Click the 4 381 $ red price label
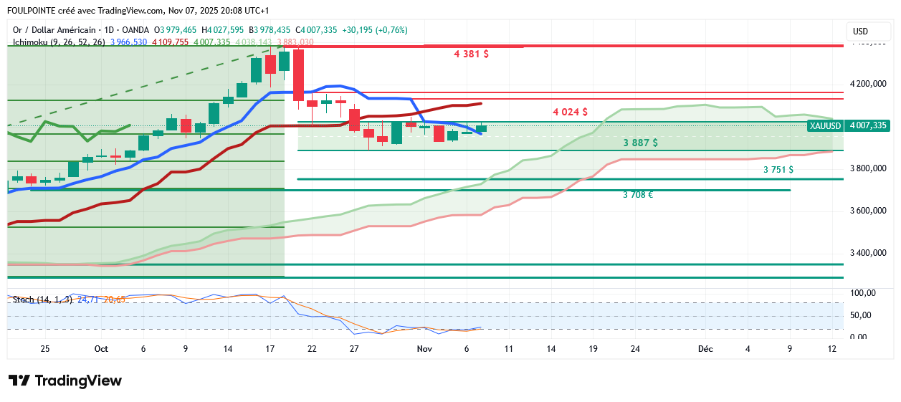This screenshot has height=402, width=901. click(x=471, y=54)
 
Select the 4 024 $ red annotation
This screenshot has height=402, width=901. click(x=570, y=112)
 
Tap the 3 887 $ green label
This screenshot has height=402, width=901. click(x=640, y=143)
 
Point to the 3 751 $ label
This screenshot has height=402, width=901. click(x=778, y=170)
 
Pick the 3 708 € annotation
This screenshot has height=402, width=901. click(x=637, y=194)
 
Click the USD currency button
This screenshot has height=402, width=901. click(x=860, y=32)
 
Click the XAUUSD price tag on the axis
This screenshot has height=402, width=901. click(x=824, y=125)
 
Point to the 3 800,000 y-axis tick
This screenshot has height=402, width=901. click(x=868, y=168)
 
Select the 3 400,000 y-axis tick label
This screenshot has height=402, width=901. click(x=868, y=253)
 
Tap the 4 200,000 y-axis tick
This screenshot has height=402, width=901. click(x=868, y=84)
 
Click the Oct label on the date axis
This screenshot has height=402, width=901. click(x=101, y=349)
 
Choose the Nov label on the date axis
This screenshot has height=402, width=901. click(x=424, y=349)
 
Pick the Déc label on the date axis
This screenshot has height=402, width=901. click(x=705, y=349)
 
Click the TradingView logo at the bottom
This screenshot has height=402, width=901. click(x=65, y=381)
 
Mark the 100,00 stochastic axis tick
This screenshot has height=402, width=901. click(x=862, y=293)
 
